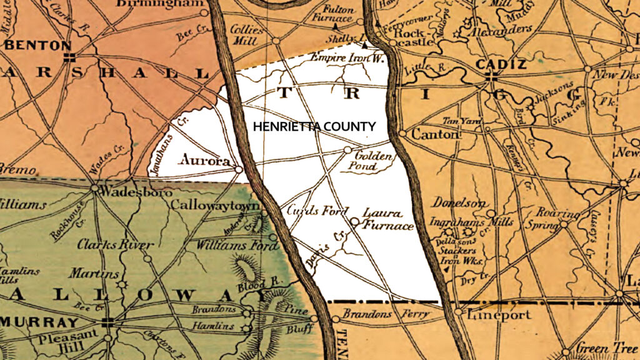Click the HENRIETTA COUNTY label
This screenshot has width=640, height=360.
click(x=314, y=127)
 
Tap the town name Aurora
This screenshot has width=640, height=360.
click(x=203, y=160)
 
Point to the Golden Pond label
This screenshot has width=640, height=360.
click(x=374, y=161)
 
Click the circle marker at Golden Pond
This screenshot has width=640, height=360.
click(x=348, y=150)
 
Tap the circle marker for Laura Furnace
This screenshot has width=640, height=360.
click(x=354, y=221)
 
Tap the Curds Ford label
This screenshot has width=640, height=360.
click(x=317, y=212)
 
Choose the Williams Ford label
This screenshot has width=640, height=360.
click(x=236, y=246)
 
